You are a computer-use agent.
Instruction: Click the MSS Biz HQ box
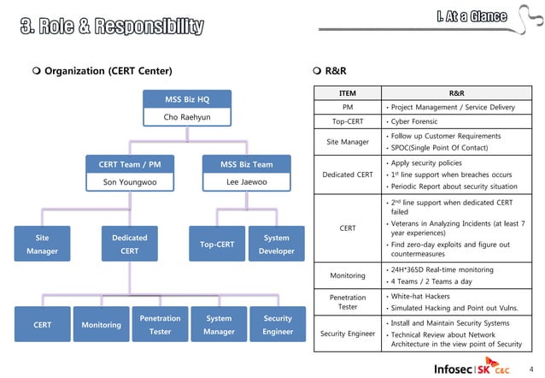tap(186, 98)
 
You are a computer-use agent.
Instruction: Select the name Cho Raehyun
tap(186, 116)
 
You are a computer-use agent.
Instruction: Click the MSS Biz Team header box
tap(246, 164)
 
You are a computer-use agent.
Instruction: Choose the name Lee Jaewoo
tap(246, 182)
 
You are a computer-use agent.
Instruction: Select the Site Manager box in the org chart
tap(42, 245)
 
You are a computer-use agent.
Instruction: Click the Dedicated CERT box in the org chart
tap(130, 245)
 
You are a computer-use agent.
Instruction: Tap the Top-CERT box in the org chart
tap(217, 245)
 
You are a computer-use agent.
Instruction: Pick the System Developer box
tap(277, 245)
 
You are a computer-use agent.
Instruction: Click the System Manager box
tap(219, 325)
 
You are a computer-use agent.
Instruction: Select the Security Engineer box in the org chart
tap(278, 325)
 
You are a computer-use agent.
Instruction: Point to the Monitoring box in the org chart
tap(101, 325)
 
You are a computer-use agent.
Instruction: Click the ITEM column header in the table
tap(348, 92)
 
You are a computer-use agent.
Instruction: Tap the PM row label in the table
tap(348, 107)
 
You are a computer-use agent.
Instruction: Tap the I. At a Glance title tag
tap(472, 16)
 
